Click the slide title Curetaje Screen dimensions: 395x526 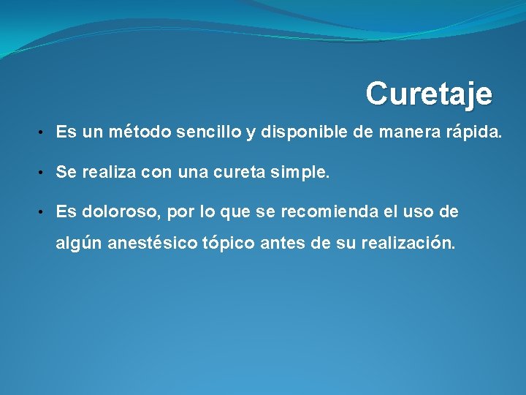pyautogui.click(x=429, y=94)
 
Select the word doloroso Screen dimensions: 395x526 pyautogui.click(x=120, y=212)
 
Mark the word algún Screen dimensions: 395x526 pyautogui.click(x=79, y=244)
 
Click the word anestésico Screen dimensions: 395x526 pyautogui.click(x=152, y=244)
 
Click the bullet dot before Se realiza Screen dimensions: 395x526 pyautogui.click(x=44, y=173)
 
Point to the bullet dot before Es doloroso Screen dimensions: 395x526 pyautogui.click(x=44, y=213)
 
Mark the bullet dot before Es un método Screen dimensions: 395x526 pyautogui.click(x=44, y=132)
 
